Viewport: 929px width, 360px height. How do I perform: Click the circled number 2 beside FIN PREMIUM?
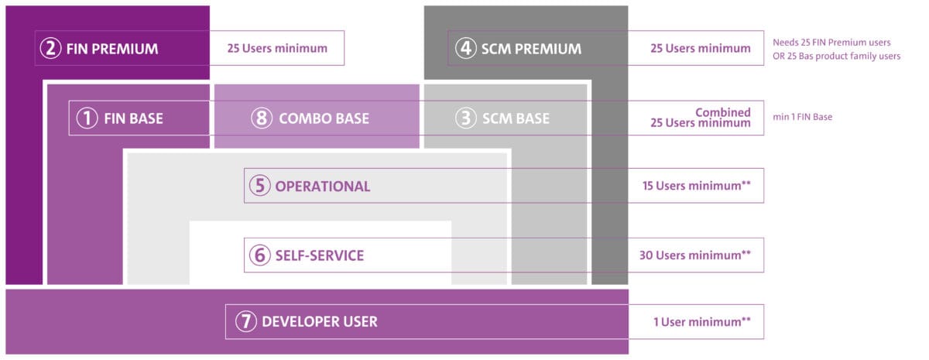[50, 48]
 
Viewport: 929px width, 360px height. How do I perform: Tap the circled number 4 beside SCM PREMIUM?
[466, 48]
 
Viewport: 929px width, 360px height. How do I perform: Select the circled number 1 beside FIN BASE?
[87, 118]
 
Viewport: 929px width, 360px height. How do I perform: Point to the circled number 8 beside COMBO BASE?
[262, 118]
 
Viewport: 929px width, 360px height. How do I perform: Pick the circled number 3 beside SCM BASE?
[466, 118]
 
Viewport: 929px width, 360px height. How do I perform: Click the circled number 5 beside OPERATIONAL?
[260, 186]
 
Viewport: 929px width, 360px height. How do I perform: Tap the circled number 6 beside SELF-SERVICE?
[260, 255]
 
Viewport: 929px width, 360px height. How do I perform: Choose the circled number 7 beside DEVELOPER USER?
[246, 321]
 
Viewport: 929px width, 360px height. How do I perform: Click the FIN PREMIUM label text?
[112, 49]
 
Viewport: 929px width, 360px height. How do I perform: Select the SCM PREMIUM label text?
[531, 49]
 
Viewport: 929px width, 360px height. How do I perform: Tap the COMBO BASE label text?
[324, 118]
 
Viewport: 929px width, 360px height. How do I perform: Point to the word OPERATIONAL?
[323, 187]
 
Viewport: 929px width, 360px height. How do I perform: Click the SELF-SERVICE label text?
[319, 255]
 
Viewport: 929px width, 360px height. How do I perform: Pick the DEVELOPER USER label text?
[320, 322]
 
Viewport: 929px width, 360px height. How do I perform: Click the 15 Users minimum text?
[697, 186]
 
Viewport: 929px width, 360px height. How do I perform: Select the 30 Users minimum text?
[695, 255]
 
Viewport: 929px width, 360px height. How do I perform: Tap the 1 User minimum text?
[702, 322]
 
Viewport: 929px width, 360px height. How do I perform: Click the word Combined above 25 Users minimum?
[723, 112]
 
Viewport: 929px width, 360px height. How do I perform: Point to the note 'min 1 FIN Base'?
[803, 117]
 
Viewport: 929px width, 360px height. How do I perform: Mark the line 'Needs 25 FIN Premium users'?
[831, 43]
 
